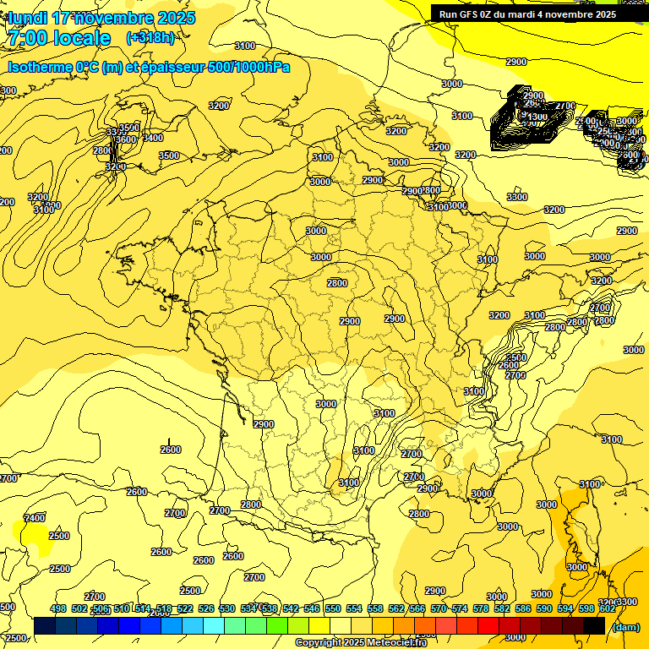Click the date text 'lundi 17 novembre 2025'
click(101, 18)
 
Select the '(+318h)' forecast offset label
click(150, 38)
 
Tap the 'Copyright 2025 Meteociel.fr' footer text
click(361, 643)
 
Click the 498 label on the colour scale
click(58, 608)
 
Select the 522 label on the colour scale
click(185, 608)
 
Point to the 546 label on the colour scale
click(312, 608)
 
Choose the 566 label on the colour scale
click(417, 608)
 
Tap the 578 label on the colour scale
click(481, 608)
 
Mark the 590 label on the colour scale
click(544, 608)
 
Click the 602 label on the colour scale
click(607, 608)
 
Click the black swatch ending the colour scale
click(594, 626)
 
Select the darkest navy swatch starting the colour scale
click(45, 626)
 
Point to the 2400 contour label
click(35, 518)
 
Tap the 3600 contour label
click(125, 139)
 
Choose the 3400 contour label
click(153, 138)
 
